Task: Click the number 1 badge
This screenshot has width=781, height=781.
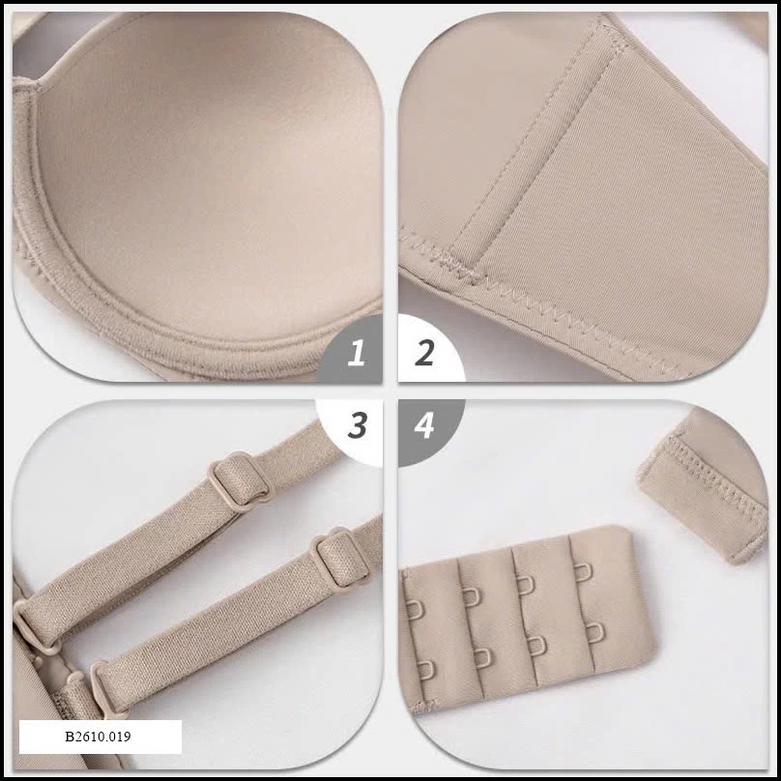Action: click(x=355, y=353)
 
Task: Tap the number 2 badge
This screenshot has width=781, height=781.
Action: click(x=424, y=353)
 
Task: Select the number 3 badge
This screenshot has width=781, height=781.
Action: click(x=357, y=425)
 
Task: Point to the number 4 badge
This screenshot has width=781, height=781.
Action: click(x=424, y=426)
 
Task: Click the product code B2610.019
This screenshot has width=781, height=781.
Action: click(x=98, y=737)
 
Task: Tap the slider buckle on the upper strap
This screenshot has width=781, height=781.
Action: click(x=239, y=481)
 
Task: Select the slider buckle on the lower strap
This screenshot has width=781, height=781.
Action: click(x=340, y=558)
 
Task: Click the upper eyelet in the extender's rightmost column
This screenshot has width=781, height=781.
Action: click(x=583, y=571)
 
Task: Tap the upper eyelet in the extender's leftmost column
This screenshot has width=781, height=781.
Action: click(x=416, y=609)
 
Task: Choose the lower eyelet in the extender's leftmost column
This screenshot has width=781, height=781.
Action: click(x=426, y=670)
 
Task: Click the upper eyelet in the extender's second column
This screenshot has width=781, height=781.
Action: click(x=471, y=595)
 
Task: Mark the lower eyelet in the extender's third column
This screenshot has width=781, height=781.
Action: click(x=536, y=645)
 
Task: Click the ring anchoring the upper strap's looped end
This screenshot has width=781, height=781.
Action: click(x=31, y=622)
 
